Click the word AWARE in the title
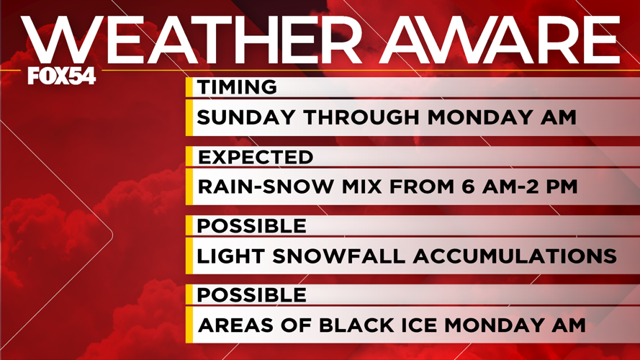pos(501,40)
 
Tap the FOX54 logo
pos(61,75)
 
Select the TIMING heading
pos(237,87)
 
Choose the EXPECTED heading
pos(255,157)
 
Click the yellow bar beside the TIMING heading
pos(189,87)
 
